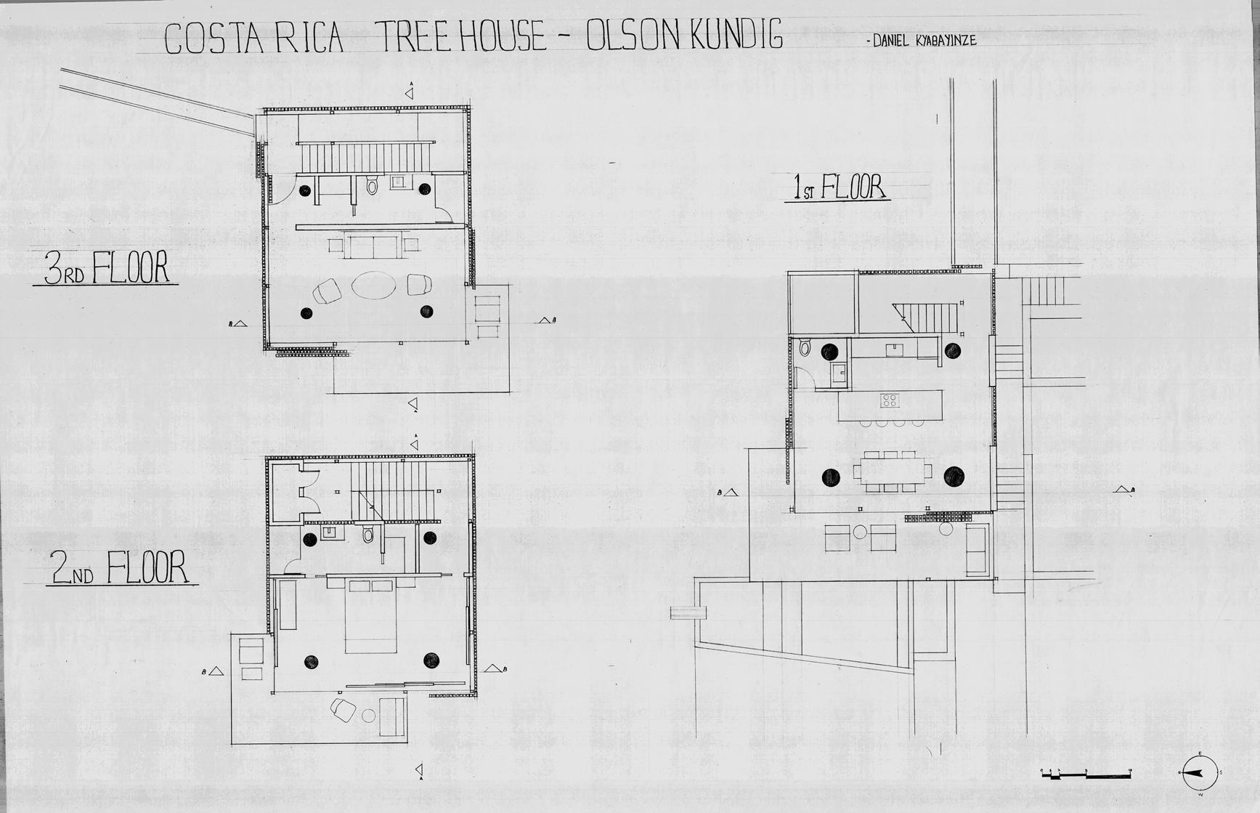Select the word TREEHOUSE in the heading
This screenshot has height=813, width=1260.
(x=459, y=36)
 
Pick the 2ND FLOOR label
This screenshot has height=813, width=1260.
(x=119, y=568)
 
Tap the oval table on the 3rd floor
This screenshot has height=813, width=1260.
(x=374, y=285)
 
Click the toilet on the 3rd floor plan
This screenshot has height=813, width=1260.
(x=373, y=187)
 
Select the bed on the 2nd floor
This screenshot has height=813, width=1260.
(x=371, y=615)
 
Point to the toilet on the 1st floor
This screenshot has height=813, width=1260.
(x=805, y=348)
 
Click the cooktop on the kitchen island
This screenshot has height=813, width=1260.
(x=890, y=400)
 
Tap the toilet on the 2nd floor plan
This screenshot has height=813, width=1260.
(x=368, y=536)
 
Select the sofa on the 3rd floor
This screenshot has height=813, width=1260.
(x=373, y=245)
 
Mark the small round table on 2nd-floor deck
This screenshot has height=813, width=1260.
(x=368, y=716)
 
